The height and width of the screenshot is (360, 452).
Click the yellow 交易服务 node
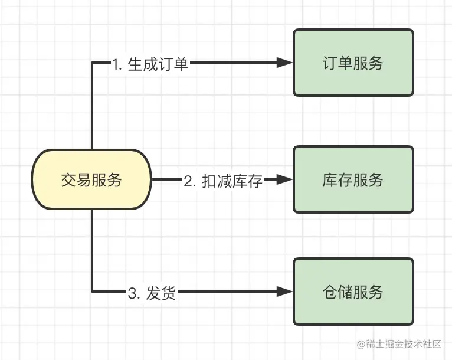click(91, 179)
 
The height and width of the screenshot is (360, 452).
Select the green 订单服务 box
click(353, 63)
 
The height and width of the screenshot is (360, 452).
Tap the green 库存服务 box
click(353, 179)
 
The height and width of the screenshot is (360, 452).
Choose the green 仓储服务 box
click(353, 292)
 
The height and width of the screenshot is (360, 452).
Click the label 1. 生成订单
click(150, 64)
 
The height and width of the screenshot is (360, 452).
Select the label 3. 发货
click(152, 292)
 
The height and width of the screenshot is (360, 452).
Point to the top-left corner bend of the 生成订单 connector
click(93, 63)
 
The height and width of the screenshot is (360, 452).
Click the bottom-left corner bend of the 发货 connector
click(93, 291)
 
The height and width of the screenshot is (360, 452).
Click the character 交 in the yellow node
click(68, 180)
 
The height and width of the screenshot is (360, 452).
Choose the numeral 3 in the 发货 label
click(132, 293)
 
